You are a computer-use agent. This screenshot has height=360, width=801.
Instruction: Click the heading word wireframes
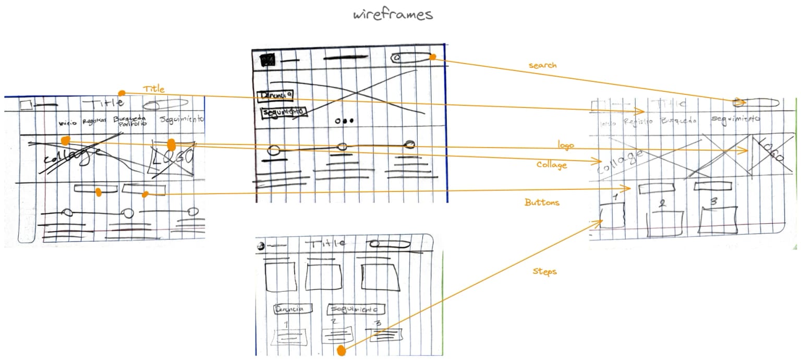coord(393,14)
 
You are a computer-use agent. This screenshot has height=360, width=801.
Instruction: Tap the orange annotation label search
coord(542,65)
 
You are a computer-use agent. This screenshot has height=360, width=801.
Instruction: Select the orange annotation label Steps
coord(544,272)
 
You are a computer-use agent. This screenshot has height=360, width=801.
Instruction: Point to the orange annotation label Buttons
coord(542,202)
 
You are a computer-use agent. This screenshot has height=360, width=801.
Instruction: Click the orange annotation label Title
coord(153,89)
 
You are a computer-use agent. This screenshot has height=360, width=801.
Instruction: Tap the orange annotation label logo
coord(565,146)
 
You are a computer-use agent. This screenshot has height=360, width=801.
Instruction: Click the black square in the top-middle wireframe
coord(268,61)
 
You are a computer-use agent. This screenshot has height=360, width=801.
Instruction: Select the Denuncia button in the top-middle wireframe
coord(275,95)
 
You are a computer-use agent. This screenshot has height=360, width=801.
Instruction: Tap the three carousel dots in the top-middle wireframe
coord(344,121)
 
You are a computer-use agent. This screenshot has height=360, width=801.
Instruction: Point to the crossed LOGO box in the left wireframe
coord(172,157)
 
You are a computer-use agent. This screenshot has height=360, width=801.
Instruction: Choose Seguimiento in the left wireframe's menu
coord(182,120)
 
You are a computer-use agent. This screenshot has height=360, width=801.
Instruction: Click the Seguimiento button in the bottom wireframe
coord(356,309)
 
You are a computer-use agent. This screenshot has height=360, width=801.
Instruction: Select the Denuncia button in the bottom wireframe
coord(293,308)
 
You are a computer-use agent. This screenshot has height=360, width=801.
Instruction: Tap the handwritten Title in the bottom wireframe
coord(328,243)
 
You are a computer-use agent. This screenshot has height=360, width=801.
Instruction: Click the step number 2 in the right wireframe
coord(662,204)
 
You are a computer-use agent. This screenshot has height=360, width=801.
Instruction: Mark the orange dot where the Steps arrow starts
coord(341,351)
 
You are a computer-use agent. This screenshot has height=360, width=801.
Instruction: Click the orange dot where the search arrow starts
coord(433,57)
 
